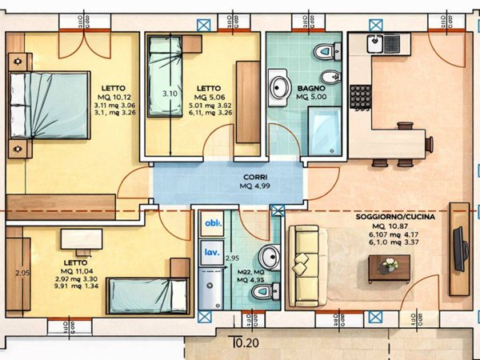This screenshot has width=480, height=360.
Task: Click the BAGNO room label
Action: [x=310, y=87]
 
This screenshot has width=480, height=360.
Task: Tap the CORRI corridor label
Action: [x=256, y=177]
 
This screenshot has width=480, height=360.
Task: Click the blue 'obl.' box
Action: [x=212, y=224]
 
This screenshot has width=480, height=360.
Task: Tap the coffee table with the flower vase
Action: [x=390, y=268]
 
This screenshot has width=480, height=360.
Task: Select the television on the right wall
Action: [x=460, y=249]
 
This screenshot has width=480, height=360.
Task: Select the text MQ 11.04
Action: [x=78, y=270]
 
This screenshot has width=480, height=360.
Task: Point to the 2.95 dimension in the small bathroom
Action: [x=233, y=258]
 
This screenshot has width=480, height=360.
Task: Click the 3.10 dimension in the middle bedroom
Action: [x=170, y=94]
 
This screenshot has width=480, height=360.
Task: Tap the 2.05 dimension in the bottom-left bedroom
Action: [x=22, y=273]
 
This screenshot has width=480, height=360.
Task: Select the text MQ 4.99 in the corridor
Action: [x=256, y=186]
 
